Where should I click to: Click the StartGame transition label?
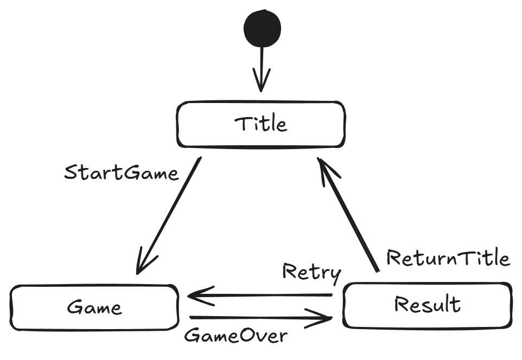(x=121, y=173)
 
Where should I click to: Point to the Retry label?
(x=311, y=272)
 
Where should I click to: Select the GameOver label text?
(x=235, y=336)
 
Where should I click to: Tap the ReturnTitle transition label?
(x=448, y=258)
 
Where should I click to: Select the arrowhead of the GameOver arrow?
(x=323, y=319)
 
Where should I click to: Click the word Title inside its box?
(x=261, y=124)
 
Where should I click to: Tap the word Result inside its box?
(x=428, y=305)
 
